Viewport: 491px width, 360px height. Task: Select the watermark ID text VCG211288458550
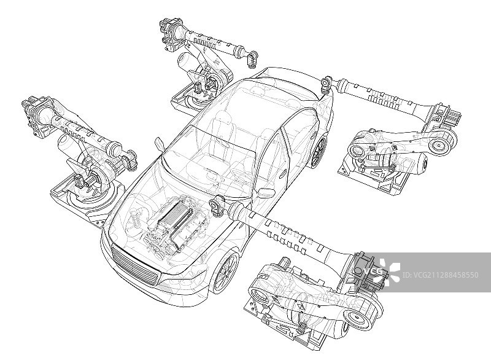pos(440,275)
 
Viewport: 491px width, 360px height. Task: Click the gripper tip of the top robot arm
pos(252,59)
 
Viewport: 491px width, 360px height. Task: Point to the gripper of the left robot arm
pos(130,160)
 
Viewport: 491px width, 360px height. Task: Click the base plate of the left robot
pos(85,200)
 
